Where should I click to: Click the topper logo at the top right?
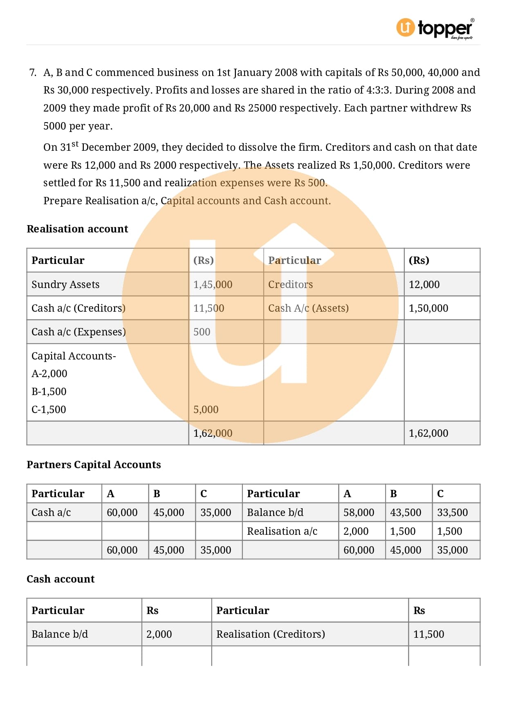pyautogui.click(x=435, y=28)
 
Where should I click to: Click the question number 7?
pyautogui.click(x=33, y=73)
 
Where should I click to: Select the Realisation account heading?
pyautogui.click(x=77, y=229)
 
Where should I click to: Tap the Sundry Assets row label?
pyautogui.click(x=65, y=284)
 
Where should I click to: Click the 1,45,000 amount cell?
pyautogui.click(x=213, y=284)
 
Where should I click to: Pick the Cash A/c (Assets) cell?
pyautogui.click(x=308, y=308)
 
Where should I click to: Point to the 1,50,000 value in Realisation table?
pyautogui.click(x=428, y=308)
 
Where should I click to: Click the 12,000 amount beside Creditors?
pyautogui.click(x=424, y=284)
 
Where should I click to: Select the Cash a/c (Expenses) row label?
pyautogui.click(x=79, y=332)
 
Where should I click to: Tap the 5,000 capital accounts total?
pyautogui.click(x=206, y=409)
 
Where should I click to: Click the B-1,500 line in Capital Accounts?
pyautogui.click(x=49, y=391)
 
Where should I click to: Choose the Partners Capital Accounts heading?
pyautogui.click(x=94, y=465)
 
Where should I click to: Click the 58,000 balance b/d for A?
pyautogui.click(x=359, y=512)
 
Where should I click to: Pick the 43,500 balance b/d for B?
pyautogui.click(x=405, y=512)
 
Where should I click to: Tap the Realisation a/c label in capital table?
pyautogui.click(x=282, y=531)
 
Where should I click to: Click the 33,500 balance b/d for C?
pyautogui.click(x=452, y=512)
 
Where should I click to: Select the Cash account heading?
pyautogui.click(x=61, y=579)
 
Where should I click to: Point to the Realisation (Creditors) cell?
pyautogui.click(x=271, y=634)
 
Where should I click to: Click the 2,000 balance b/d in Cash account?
pyautogui.click(x=159, y=634)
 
